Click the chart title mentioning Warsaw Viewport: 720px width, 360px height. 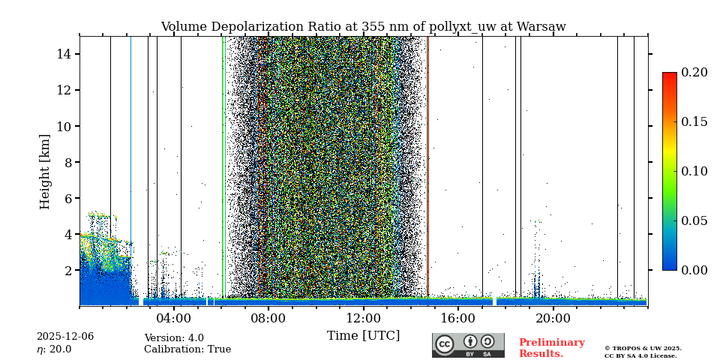pos(363,27)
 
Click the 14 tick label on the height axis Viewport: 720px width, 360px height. pos(63,54)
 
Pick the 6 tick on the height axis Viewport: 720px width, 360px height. pos(67,198)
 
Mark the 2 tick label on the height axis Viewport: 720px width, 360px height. pos(67,270)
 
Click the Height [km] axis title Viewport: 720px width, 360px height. pos(45,171)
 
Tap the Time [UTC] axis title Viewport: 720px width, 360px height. pos(363,335)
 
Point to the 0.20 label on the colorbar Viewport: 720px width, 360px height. pos(694,73)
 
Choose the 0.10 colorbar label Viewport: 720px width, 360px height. pos(694,171)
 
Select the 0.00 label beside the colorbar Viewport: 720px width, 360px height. pos(694,270)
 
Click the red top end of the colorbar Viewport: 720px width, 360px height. pos(669,76)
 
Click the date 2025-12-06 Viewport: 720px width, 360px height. pos(65,337)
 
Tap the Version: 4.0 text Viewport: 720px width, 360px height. pos(174,338)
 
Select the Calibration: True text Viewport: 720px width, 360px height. pos(187,349)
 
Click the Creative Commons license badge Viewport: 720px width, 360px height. pos(468,345)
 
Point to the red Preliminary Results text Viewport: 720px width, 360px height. pos(551,348)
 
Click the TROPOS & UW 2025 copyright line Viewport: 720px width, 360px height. pos(643,349)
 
